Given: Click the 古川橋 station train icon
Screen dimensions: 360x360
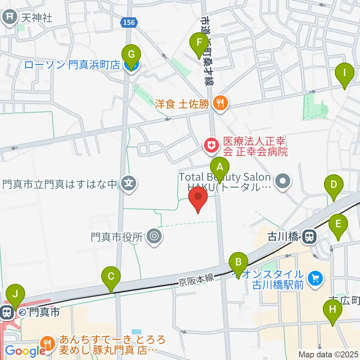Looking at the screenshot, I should (x=309, y=237).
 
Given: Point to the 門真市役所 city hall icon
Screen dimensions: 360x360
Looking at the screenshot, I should (x=154, y=237).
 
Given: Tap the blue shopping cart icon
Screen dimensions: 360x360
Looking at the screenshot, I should (x=314, y=279).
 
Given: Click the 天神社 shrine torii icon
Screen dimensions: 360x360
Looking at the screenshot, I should (x=9, y=17).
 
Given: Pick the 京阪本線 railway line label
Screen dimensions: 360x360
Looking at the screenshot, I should (x=196, y=278).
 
